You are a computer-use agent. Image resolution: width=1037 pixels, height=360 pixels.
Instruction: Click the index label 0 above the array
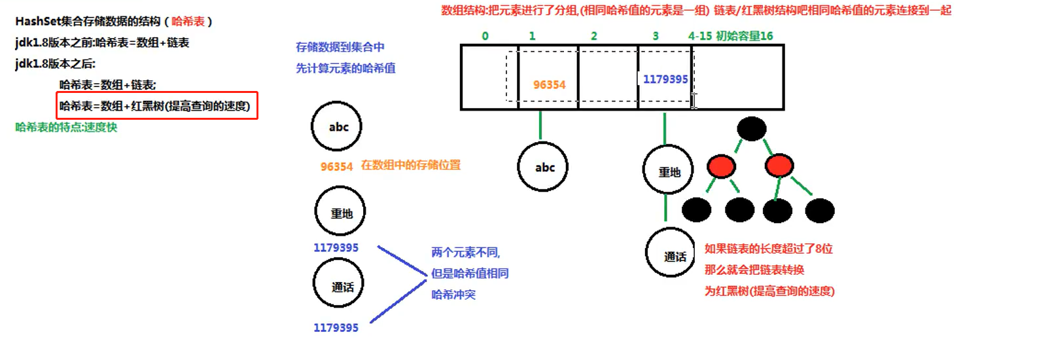[x=485, y=36]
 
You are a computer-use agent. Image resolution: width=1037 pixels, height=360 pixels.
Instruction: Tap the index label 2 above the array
[x=594, y=36]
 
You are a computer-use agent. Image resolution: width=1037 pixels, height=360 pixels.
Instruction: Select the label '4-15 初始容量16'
[x=730, y=36]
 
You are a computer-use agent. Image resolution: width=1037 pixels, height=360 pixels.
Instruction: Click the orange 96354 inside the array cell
[x=549, y=85]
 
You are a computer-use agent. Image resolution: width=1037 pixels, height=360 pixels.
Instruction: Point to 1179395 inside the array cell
[x=665, y=79]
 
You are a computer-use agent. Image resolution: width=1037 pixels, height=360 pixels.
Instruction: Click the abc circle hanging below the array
[x=543, y=167]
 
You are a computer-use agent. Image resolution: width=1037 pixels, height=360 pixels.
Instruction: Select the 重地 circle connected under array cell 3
[x=668, y=171]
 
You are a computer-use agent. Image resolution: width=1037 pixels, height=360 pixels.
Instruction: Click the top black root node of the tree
[x=751, y=128]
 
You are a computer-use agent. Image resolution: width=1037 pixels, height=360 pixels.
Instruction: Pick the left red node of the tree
[x=721, y=166]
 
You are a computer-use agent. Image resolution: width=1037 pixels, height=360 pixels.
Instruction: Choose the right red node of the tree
[x=779, y=166]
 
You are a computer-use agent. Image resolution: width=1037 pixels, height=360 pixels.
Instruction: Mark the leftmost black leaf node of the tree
[x=696, y=210]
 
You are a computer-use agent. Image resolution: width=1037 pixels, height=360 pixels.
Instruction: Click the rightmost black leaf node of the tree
[x=820, y=210]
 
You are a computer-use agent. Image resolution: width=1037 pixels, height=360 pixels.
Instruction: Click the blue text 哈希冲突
[x=453, y=295]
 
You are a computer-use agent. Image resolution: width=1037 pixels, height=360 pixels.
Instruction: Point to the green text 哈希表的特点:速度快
[x=66, y=127]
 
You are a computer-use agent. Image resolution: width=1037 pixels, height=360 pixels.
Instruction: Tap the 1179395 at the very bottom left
[x=336, y=328]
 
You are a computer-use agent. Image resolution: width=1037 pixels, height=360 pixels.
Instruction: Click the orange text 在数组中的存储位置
[x=410, y=165]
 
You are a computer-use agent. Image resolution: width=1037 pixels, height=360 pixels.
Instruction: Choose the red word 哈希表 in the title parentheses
[x=188, y=22]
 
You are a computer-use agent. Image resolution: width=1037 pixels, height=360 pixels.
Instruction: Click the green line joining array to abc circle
[x=540, y=124]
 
